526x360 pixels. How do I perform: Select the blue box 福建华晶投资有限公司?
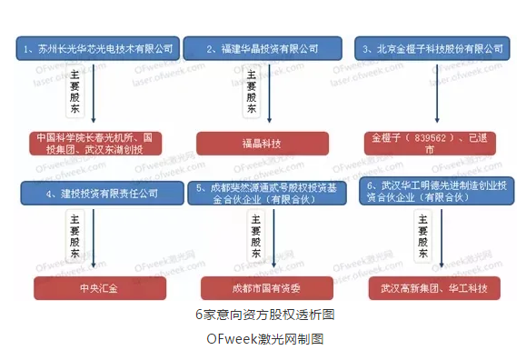click(x=263, y=47)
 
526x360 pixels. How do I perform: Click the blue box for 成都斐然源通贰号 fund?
click(x=263, y=193)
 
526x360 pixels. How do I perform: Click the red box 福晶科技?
click(x=263, y=143)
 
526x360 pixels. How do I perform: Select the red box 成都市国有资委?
click(x=263, y=289)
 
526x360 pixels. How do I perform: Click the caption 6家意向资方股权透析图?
click(x=264, y=315)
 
